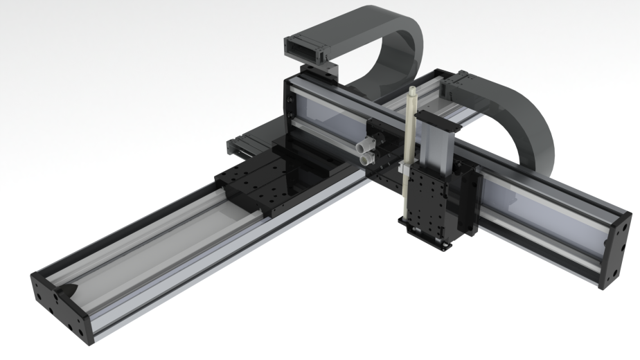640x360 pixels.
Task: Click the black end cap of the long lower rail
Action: [59, 305]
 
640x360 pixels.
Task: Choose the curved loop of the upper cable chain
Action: [402, 48]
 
